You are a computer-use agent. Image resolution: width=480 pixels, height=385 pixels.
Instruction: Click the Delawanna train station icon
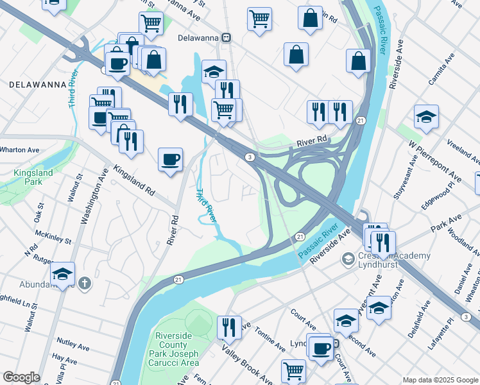[x=226, y=38]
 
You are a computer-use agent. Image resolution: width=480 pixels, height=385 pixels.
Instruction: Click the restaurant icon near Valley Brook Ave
[x=228, y=327]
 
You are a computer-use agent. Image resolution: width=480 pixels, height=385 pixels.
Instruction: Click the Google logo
[x=21, y=377]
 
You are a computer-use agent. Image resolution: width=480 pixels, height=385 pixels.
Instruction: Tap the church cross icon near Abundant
[x=85, y=284]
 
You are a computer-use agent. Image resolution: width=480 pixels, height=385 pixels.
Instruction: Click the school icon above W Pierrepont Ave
[x=426, y=117]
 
